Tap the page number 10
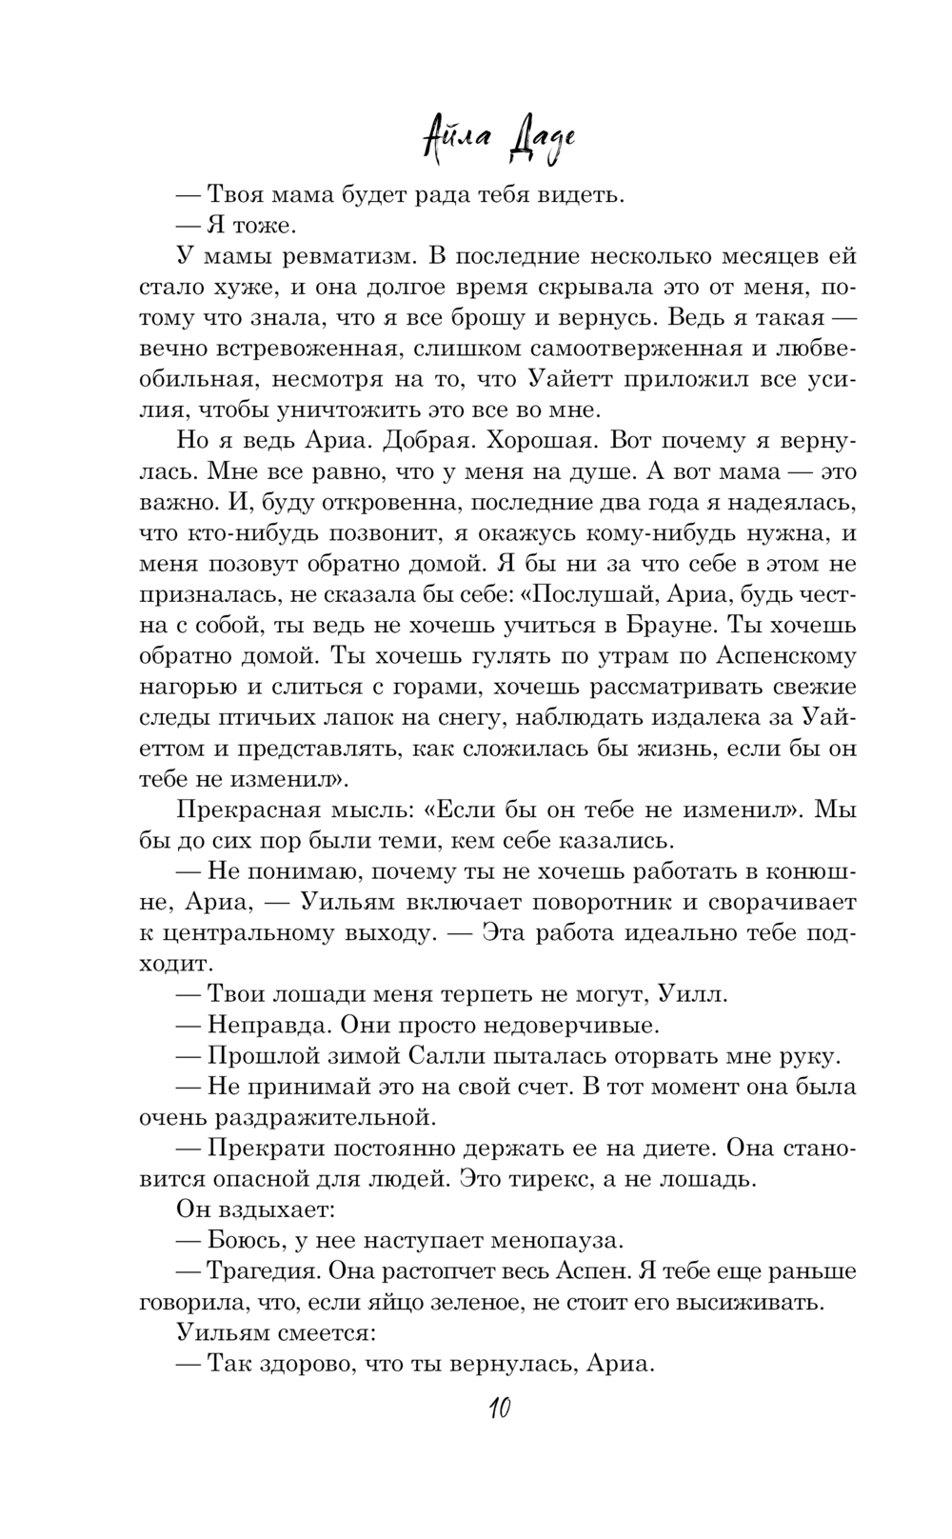[x=497, y=1408]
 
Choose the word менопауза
[x=556, y=1241]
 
